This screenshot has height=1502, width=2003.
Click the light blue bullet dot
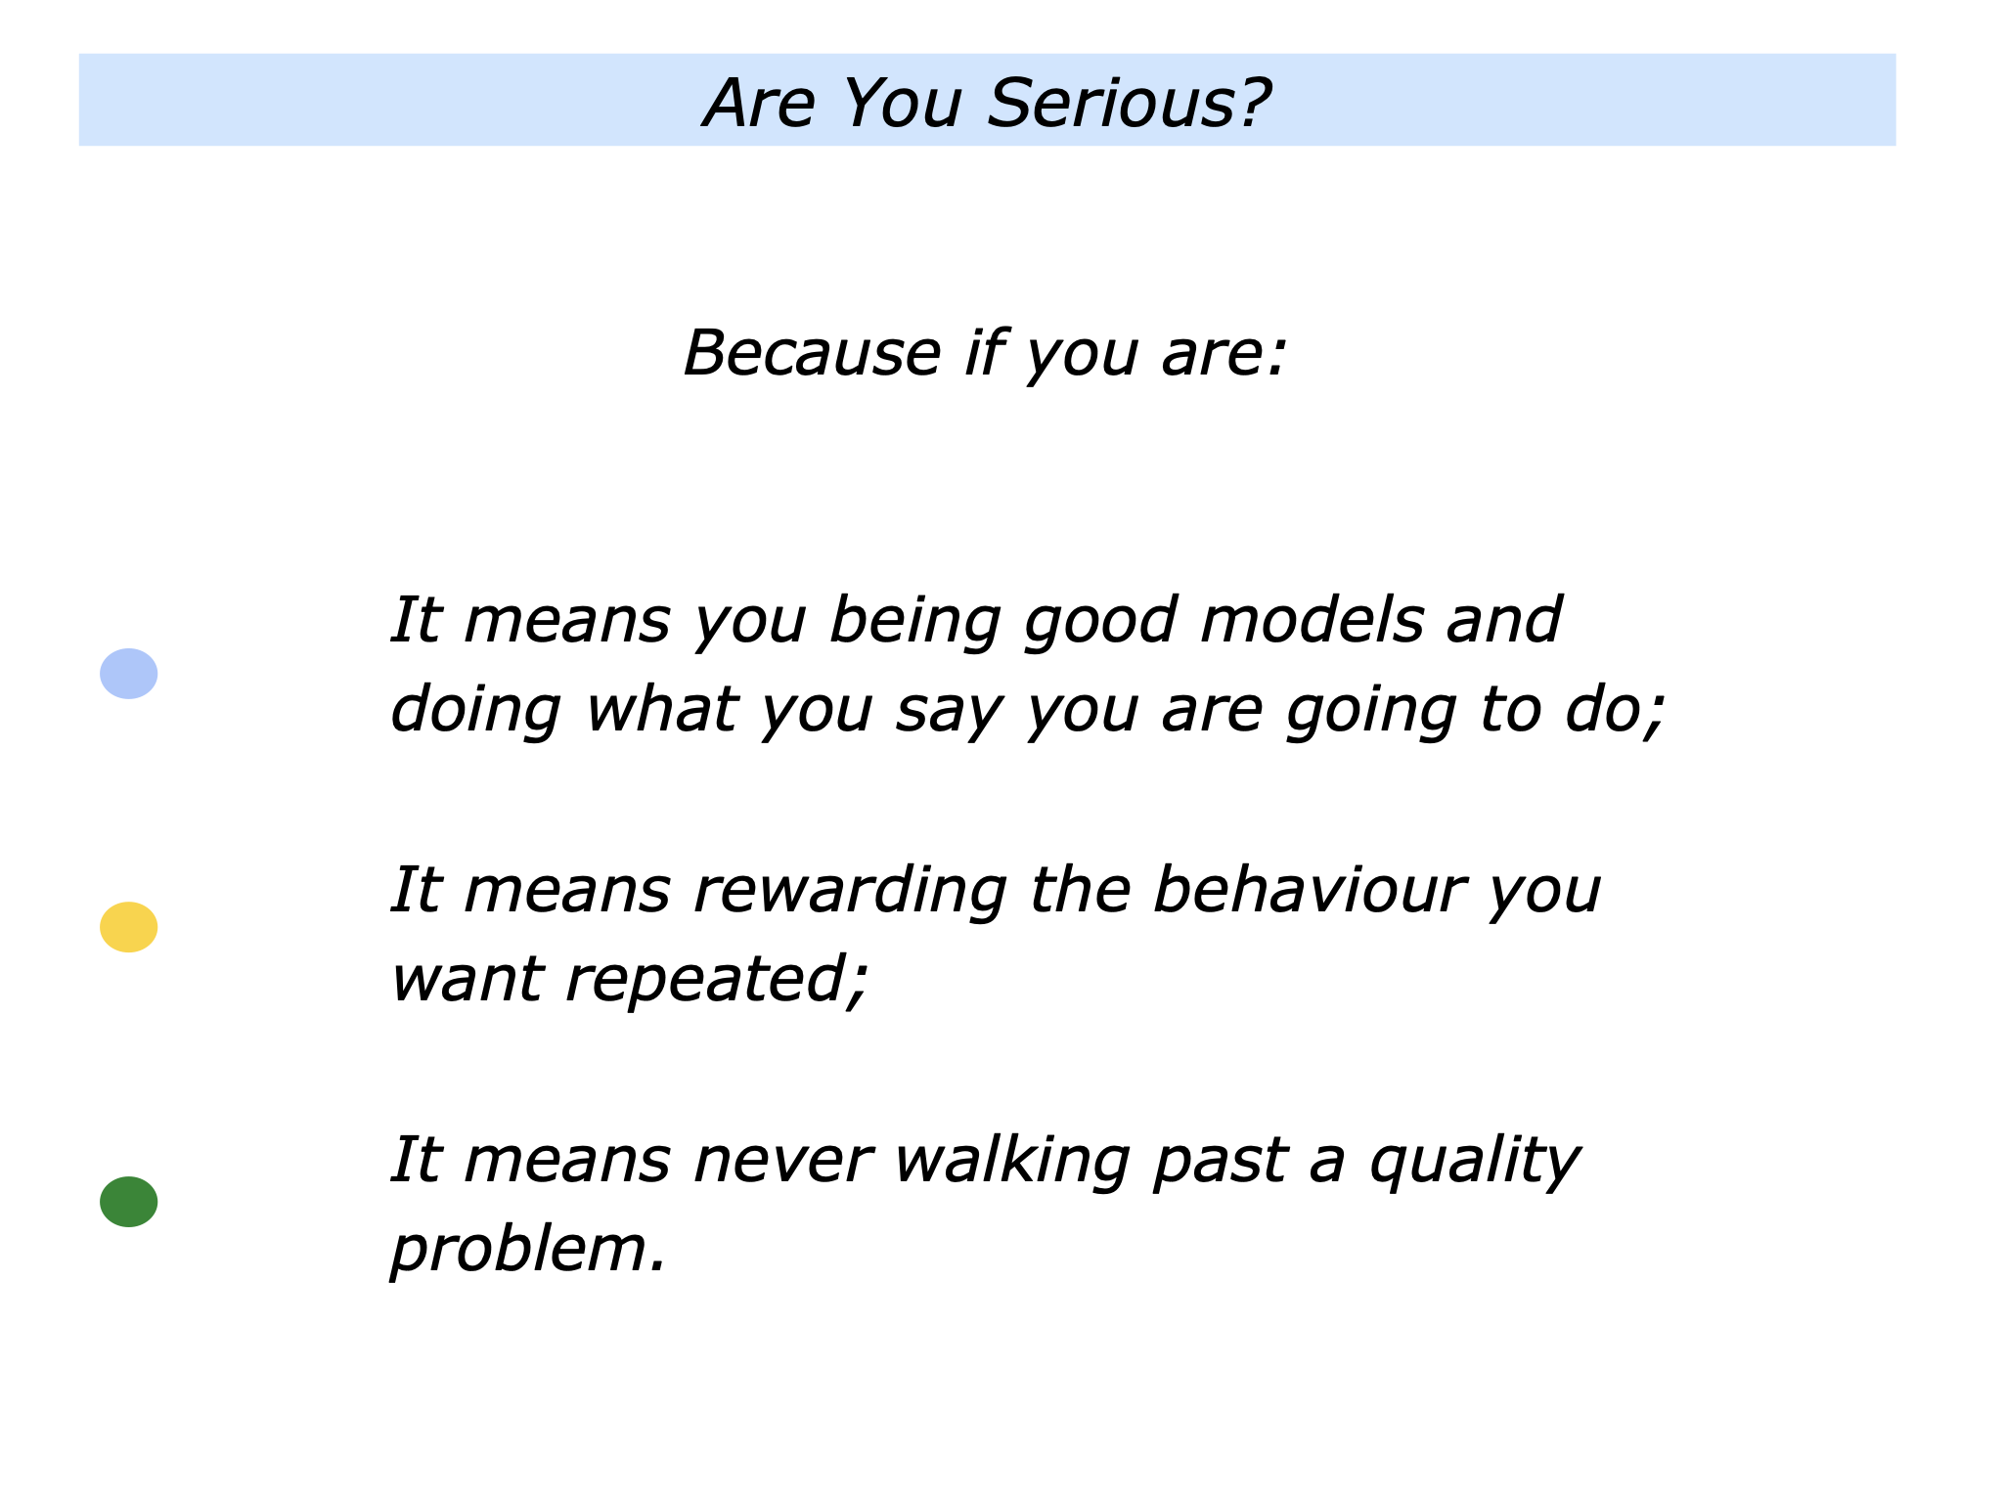pyautogui.click(x=128, y=674)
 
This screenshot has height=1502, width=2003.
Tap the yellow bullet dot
pyautogui.click(x=128, y=927)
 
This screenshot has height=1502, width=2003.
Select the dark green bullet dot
pyautogui.click(x=128, y=1202)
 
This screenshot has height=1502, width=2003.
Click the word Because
pyautogui.click(x=811, y=353)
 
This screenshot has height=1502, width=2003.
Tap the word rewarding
pyautogui.click(x=849, y=893)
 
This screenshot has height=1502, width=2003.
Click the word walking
pyautogui.click(x=1011, y=1161)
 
